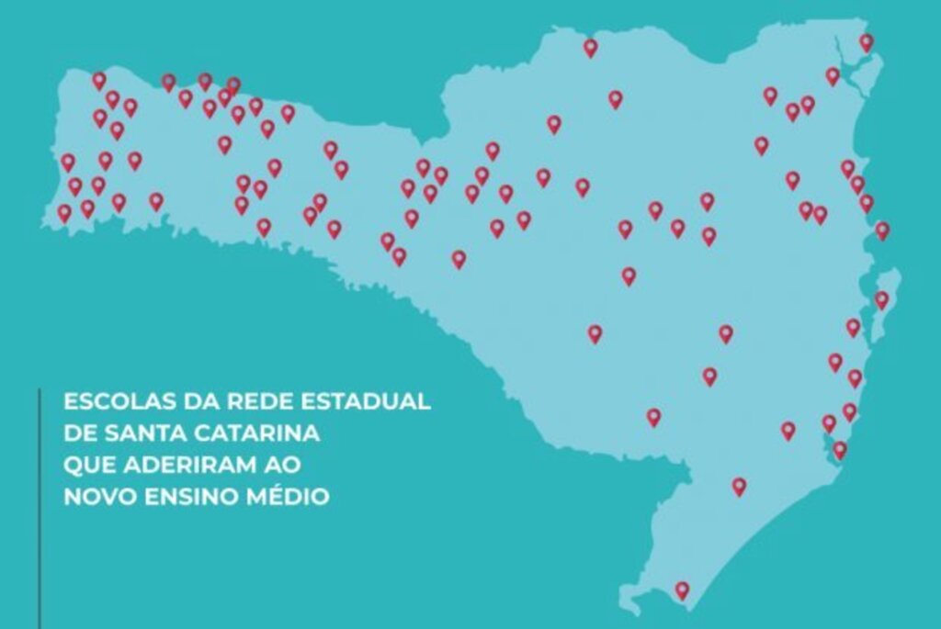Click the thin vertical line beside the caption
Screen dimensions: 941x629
[x=40, y=505]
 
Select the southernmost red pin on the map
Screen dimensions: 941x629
[x=682, y=590]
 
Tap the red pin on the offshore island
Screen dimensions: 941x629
[x=881, y=299]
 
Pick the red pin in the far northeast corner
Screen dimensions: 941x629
[x=867, y=42]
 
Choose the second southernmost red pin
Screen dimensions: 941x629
[x=739, y=486]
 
